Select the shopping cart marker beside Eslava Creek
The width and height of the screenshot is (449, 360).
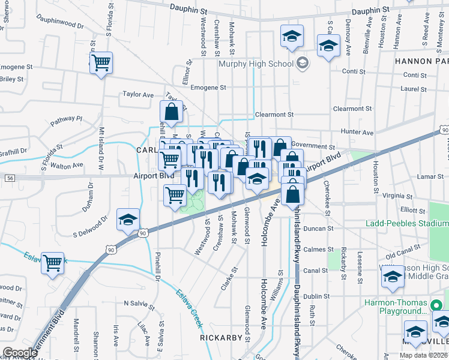click(x=53, y=262)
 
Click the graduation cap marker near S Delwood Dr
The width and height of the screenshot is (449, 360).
click(x=128, y=221)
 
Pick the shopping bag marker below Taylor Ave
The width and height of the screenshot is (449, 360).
click(x=171, y=112)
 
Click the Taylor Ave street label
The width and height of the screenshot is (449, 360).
click(x=138, y=94)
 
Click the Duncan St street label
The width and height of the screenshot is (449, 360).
click(x=318, y=229)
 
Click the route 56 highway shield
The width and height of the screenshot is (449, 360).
click(x=10, y=178)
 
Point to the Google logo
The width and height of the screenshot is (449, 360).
click(x=20, y=353)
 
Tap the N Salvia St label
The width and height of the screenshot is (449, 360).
click(x=137, y=303)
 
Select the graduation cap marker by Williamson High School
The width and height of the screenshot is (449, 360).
click(x=393, y=277)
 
